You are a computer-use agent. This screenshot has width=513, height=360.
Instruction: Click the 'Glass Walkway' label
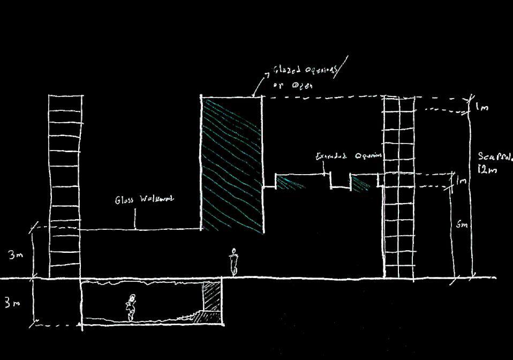145,200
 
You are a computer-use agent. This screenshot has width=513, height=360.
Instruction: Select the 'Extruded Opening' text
348,156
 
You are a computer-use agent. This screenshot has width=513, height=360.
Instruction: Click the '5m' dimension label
462,225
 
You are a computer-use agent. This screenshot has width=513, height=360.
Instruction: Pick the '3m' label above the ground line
15,255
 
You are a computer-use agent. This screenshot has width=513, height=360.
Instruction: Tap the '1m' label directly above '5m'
461,182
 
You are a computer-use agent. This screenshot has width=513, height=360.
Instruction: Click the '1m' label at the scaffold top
481,107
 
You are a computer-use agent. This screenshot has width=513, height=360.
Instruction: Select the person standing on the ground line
233,262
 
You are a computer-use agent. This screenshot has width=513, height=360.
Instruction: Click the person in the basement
131,307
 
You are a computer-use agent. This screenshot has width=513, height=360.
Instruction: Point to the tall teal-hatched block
231,163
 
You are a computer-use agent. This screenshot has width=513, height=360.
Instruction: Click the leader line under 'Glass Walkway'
134,219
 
